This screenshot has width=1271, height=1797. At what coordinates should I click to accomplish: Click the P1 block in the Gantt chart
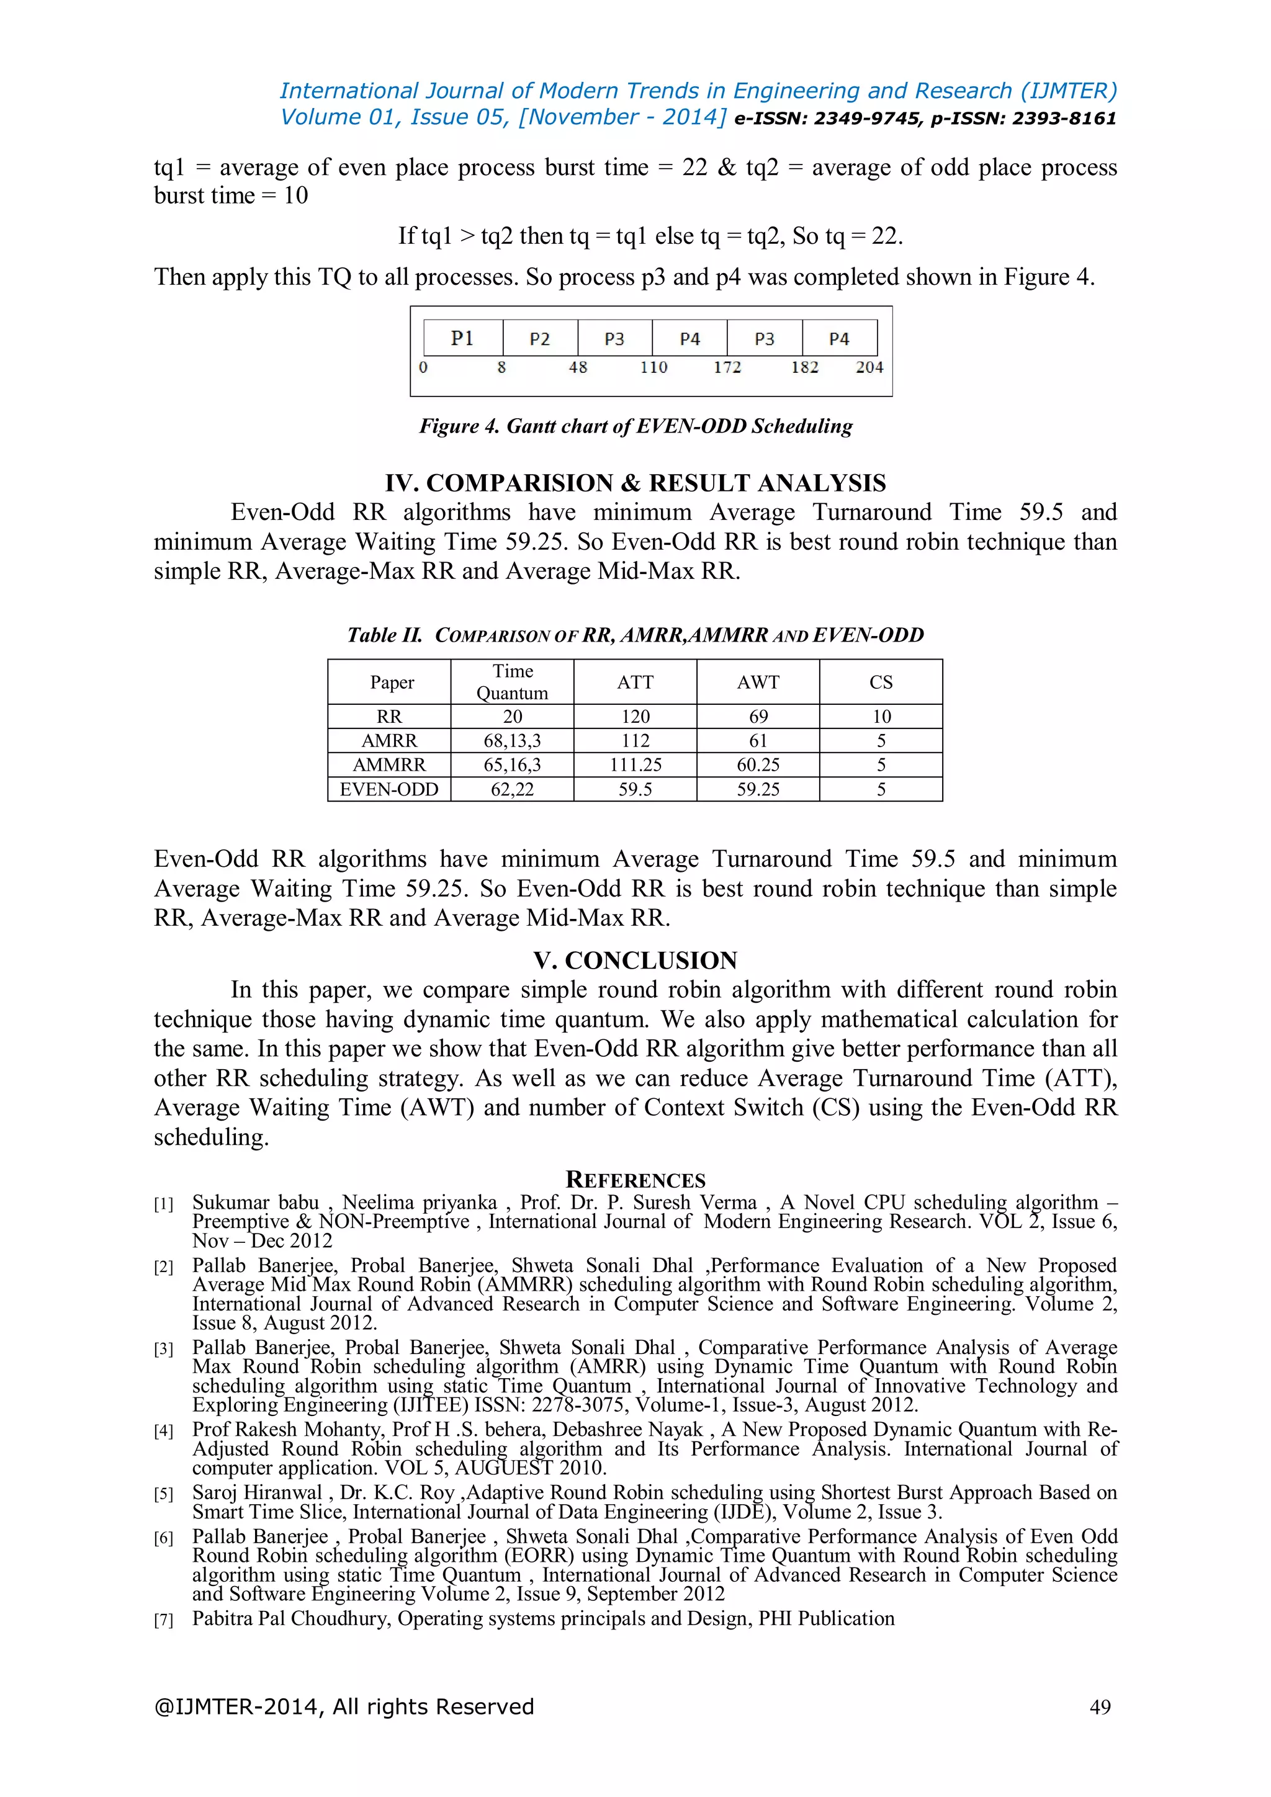(462, 338)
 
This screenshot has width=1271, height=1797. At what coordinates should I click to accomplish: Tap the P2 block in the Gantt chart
(540, 339)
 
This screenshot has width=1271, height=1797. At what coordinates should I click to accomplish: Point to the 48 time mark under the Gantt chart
(578, 367)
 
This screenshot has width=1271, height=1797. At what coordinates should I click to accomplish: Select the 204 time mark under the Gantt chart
(869, 367)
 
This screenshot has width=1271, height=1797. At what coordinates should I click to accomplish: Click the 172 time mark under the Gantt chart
(727, 367)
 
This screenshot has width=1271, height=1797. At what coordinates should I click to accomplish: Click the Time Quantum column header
(512, 682)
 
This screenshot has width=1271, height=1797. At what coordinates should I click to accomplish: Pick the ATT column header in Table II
(635, 683)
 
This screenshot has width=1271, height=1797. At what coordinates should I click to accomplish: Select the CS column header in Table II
(881, 683)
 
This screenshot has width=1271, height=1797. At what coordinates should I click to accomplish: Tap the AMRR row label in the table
(389, 740)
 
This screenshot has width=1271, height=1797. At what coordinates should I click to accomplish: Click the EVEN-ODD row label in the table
(389, 789)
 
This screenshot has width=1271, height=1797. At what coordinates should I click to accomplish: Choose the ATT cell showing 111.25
(635, 764)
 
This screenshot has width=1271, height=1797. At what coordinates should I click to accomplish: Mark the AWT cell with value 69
(758, 716)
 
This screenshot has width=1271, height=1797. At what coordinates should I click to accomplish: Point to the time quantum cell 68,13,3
(512, 740)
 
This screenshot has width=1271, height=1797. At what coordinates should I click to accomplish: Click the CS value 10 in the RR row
(881, 716)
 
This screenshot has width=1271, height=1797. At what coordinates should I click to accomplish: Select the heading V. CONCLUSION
(635, 961)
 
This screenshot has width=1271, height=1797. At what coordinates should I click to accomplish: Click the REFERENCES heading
(635, 1180)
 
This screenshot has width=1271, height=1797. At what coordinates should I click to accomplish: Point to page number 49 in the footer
(1100, 1707)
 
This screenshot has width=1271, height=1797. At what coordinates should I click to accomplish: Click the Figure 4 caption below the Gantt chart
(635, 426)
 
